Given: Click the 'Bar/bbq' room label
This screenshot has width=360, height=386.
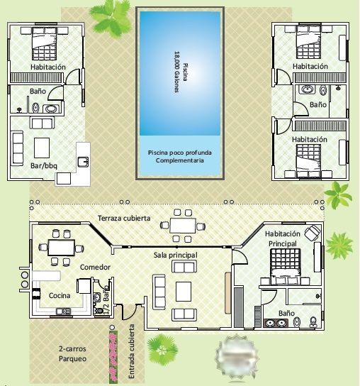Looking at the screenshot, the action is click(44, 165).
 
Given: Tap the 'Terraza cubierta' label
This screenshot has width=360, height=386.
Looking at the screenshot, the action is click(124, 218).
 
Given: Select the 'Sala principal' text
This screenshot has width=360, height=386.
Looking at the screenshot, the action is click(175, 255).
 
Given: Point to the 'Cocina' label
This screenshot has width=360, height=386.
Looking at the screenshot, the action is click(60, 295).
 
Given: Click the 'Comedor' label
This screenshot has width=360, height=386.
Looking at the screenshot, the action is click(95, 267).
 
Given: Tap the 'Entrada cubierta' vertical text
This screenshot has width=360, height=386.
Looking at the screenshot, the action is click(132, 351).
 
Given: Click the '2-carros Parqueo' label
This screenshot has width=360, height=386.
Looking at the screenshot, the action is click(72, 354).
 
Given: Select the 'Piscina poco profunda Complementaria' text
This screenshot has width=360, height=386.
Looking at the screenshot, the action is click(180, 157).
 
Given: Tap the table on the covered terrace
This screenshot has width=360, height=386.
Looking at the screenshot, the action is click(182, 226).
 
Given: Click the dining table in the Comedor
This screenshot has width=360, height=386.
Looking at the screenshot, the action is click(62, 248).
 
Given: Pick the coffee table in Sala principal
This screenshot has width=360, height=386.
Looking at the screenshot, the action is click(184, 292).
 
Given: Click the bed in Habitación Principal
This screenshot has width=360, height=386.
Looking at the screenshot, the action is click(286, 267).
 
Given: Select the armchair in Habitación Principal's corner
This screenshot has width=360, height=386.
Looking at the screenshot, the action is click(313, 232).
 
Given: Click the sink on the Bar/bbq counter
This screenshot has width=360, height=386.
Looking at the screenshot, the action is click(84, 162).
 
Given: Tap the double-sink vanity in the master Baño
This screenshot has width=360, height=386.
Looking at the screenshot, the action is click(276, 323).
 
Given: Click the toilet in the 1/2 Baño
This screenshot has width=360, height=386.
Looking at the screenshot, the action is click(99, 310).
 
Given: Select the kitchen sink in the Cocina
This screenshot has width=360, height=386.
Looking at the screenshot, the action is click(64, 311).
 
